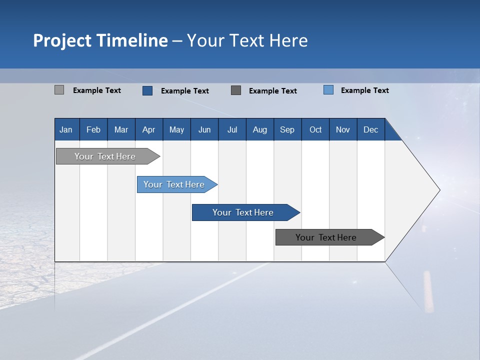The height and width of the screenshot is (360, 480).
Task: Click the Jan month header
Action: tap(66, 129)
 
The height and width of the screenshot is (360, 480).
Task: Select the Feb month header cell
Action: tap(93, 129)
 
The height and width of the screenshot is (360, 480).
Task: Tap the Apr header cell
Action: tap(148, 129)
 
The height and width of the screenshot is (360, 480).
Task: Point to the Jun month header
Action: tap(204, 129)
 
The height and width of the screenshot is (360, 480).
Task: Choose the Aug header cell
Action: tap(259, 129)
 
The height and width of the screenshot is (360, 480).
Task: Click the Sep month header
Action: tap(287, 129)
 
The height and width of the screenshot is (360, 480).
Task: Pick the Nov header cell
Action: tap(343, 129)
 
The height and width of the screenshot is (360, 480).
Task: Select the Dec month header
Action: tap(370, 129)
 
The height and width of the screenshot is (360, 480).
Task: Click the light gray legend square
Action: tap(59, 90)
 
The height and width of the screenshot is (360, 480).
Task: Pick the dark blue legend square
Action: tap(147, 90)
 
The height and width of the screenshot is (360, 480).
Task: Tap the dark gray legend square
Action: tap(236, 90)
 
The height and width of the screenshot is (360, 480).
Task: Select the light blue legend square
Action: tap(328, 90)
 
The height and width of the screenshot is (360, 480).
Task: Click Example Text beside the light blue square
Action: tap(364, 90)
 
